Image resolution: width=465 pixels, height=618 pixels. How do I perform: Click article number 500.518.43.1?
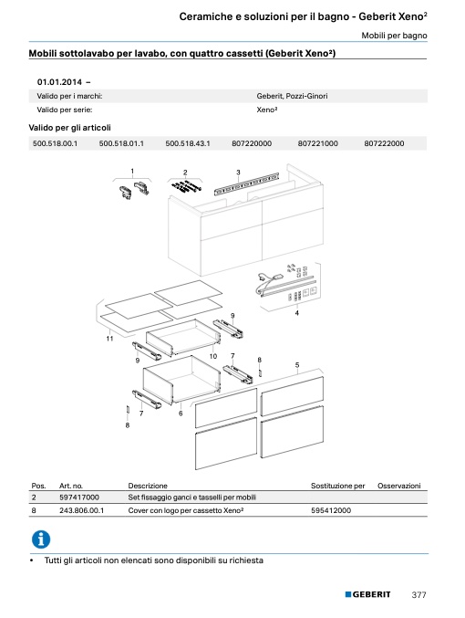pos(188,143)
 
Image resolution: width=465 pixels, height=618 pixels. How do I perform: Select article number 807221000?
pos(317,143)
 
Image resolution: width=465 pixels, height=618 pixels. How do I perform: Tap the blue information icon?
pos(41,539)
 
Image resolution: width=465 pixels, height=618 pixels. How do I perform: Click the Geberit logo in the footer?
pos(367,594)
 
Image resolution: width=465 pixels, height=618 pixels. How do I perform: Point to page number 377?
pos(418,595)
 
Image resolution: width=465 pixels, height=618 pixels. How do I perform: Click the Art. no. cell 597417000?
pos(79,498)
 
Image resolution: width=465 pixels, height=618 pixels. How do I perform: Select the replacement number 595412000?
pos(331,510)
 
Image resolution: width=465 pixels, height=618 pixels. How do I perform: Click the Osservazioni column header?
pos(398,486)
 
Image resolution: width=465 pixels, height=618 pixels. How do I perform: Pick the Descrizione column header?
pos(148,486)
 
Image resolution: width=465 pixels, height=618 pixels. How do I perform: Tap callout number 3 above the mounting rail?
pos(238,173)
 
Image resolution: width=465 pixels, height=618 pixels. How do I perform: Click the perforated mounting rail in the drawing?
pos(246,183)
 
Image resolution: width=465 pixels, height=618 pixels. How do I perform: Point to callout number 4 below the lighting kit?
pos(297,313)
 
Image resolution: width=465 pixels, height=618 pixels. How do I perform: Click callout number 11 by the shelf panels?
pos(109,338)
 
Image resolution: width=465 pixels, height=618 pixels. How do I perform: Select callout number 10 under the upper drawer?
pos(213,356)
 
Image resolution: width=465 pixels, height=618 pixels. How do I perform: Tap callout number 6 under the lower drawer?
pos(181,414)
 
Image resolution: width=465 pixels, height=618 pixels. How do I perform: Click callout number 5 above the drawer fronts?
pos(297,365)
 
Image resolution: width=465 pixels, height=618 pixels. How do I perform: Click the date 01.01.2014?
pos(59,82)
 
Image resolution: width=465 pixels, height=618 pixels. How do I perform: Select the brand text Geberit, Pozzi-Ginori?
pos(292,96)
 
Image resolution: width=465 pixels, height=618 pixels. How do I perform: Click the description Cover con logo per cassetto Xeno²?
pos(186,510)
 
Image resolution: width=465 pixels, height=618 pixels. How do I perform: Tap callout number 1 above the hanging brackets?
pos(132,171)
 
